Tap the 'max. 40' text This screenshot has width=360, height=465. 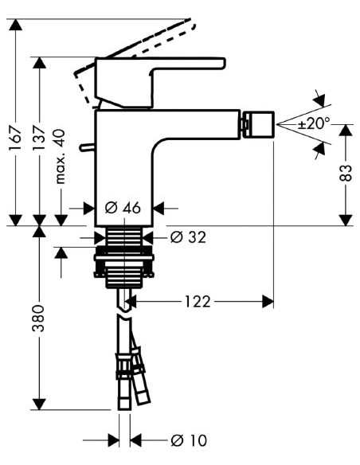point(61,163)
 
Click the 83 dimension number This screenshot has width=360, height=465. point(346,174)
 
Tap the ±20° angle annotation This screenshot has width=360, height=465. point(314,125)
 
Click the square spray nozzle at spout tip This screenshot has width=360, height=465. point(258,124)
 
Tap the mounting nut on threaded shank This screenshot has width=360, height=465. point(123,264)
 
